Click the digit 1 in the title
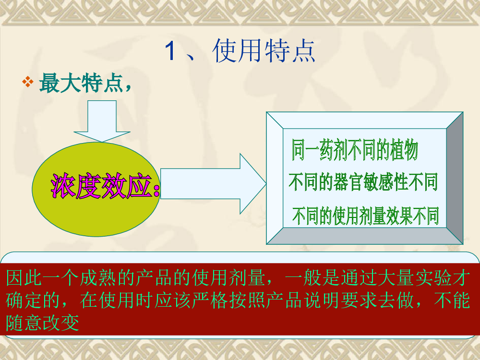point(170,51)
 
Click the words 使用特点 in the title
point(264,51)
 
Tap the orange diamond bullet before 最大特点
point(28,82)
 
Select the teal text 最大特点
point(81,83)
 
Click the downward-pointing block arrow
point(102,121)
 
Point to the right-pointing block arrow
point(213,184)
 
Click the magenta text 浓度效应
point(102,186)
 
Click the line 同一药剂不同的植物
point(355,150)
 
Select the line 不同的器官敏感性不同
point(363,182)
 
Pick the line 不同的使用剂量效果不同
point(365,216)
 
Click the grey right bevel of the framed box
point(455,178)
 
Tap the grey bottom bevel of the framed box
point(364,236)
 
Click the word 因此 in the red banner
point(24,277)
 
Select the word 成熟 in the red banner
point(98,277)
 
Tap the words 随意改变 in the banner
point(43,323)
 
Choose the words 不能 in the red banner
point(452,300)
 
